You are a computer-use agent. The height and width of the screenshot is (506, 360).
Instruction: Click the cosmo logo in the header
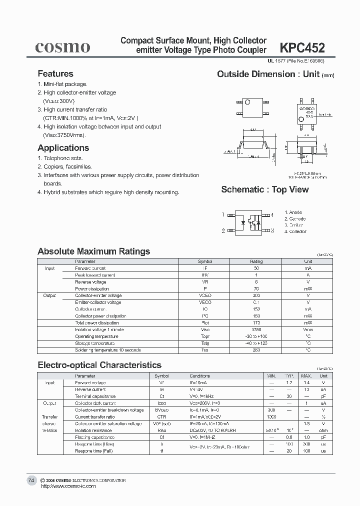[62, 47]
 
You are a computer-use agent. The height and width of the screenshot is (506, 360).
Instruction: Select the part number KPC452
[302, 47]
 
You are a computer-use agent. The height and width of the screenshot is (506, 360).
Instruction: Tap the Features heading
[55, 74]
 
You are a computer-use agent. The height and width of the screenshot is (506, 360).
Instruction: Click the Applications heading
[63, 148]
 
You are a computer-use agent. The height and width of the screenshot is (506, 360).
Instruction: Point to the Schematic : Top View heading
[264, 189]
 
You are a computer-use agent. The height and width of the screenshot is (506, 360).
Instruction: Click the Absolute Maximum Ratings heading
[93, 251]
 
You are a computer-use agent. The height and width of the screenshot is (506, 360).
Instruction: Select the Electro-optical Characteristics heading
[99, 365]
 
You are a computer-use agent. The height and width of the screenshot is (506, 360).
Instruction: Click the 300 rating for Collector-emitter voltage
[256, 295]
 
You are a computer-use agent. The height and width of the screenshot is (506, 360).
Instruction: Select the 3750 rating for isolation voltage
[256, 330]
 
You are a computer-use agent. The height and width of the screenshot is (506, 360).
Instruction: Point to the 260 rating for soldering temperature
[256, 350]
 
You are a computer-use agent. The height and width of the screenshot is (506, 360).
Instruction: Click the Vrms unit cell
[308, 330]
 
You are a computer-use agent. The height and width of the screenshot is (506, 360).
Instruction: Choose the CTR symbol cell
[161, 416]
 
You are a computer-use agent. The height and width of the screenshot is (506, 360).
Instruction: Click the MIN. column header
[271, 375]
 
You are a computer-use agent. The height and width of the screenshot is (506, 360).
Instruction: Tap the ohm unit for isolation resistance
[323, 430]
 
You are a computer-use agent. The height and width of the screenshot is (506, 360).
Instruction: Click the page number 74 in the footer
[31, 480]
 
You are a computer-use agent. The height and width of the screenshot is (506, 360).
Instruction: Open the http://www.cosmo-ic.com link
[67, 486]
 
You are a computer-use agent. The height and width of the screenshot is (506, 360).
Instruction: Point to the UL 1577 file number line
[295, 61]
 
